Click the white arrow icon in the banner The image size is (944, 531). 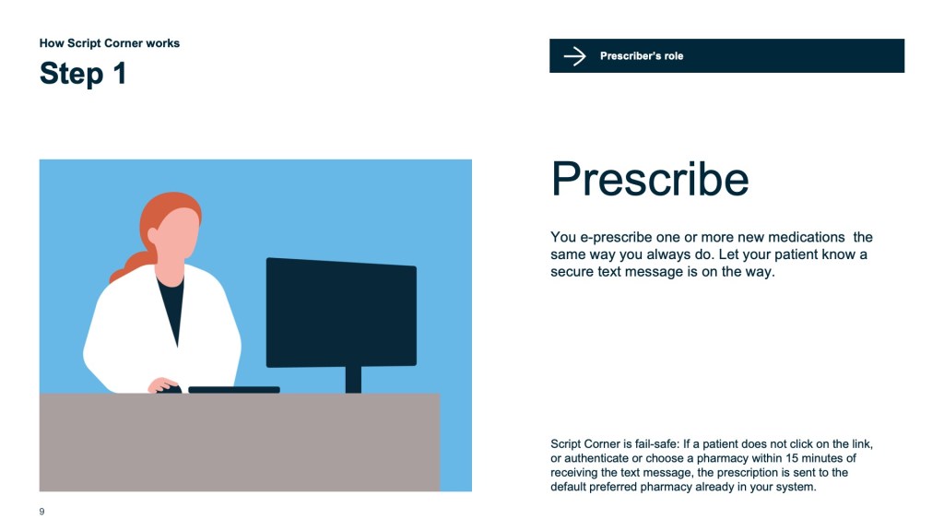[574, 56]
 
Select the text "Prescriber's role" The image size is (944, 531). [642, 56]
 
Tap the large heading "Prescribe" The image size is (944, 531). [650, 179]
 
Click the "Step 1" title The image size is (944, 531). [83, 74]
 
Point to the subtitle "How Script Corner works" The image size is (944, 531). [110, 43]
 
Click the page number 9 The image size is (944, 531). [41, 511]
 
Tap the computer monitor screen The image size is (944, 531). [341, 313]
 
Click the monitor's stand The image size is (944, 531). [353, 379]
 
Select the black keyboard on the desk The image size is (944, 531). [234, 390]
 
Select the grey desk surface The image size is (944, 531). [240, 442]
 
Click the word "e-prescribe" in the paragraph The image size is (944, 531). [608, 237]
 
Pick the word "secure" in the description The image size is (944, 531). [572, 272]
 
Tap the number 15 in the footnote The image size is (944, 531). [792, 458]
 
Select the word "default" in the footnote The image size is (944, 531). [568, 487]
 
